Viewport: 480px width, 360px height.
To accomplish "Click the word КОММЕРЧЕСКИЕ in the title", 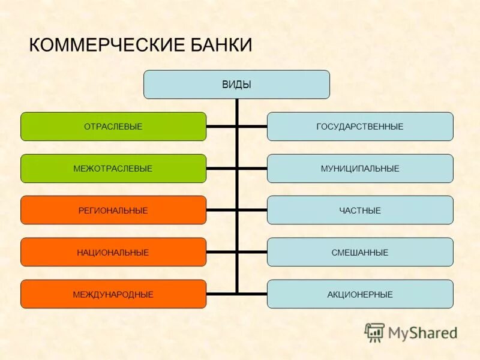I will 102,46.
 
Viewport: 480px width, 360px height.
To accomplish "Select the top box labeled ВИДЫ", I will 236,85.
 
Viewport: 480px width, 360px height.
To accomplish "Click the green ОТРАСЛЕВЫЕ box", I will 113,127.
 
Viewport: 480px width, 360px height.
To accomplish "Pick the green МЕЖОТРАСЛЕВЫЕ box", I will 113,169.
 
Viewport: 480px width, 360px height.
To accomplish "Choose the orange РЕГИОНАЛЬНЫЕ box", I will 113,211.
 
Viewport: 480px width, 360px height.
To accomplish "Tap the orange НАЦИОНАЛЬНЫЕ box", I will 113,253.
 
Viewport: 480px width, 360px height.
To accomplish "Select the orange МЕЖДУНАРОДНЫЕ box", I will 113,295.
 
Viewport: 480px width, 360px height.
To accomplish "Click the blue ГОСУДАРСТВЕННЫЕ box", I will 360,127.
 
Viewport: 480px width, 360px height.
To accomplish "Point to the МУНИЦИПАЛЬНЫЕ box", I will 360,169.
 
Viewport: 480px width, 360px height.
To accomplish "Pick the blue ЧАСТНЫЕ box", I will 360,211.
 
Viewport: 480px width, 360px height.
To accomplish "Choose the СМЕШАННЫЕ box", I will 360,253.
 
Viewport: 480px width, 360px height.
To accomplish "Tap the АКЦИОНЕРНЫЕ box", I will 360,295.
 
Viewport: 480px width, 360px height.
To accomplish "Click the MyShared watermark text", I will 422,333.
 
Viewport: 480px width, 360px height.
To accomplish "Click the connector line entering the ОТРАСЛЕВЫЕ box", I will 221,127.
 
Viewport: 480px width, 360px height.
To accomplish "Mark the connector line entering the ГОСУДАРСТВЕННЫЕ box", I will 253,127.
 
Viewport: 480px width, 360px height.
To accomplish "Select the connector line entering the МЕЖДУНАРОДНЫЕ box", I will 221,293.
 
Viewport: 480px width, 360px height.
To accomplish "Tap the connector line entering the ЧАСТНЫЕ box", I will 253,210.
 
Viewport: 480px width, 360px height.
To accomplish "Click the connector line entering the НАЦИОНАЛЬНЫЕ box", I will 221,252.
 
